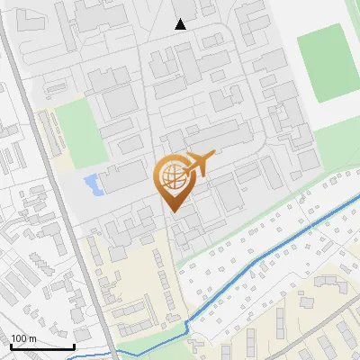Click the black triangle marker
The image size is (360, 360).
[x=181, y=24]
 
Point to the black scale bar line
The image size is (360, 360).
[x=42, y=347]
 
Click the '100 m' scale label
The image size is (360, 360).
[x=23, y=339]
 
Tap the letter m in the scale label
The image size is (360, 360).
[x=32, y=339]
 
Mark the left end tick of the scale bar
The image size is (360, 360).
[x=10, y=346]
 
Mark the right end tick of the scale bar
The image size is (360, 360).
[x=75, y=346]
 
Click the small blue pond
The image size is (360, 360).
[x=92, y=186]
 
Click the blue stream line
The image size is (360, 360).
[x=270, y=252]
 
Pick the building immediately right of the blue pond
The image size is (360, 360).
[x=122, y=179]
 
